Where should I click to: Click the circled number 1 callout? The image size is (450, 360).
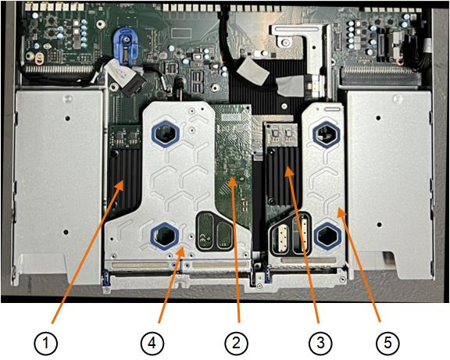click(46, 343)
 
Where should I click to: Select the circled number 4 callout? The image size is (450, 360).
click(152, 343)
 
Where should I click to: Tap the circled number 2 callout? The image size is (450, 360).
click(236, 343)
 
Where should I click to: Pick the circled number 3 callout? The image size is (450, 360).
click(320, 343)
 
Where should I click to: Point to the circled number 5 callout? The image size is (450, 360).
click(387, 343)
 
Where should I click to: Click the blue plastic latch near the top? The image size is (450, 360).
click(123, 46)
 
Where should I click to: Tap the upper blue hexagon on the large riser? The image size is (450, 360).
click(165, 133)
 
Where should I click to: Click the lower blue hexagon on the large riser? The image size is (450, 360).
click(164, 236)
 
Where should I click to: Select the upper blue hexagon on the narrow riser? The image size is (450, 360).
click(327, 134)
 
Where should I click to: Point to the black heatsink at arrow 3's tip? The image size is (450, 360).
click(284, 175)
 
